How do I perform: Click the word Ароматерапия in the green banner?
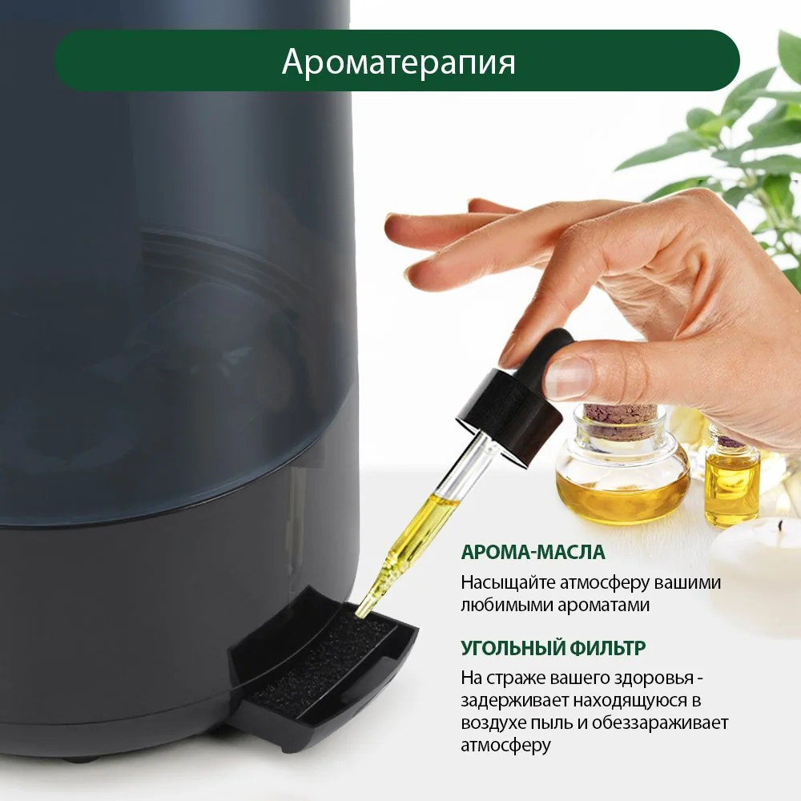pos(398,62)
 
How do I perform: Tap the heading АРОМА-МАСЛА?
pos(533,552)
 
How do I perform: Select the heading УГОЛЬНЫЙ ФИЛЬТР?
pos(553,648)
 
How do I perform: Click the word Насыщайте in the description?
pos(508,583)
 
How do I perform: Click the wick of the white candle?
pos(780,524)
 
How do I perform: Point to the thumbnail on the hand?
pos(567,376)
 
